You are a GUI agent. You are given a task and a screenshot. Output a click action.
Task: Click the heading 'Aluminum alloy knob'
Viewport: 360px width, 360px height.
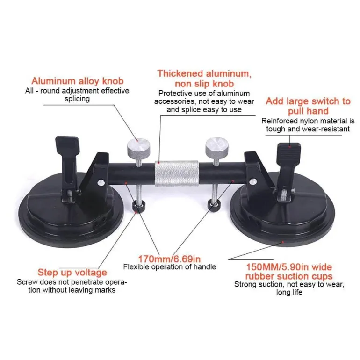(x=77, y=81)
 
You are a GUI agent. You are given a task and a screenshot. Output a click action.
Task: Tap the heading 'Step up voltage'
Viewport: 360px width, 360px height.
(x=72, y=273)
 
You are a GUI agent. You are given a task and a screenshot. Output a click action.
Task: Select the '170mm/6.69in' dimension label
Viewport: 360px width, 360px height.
(x=169, y=259)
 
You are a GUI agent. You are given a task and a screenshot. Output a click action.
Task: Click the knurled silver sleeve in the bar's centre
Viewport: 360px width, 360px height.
(x=177, y=173)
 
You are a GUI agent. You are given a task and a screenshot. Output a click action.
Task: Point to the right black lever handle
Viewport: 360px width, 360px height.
(x=288, y=166)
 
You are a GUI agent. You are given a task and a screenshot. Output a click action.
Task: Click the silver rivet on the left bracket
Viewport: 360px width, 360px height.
(x=101, y=183)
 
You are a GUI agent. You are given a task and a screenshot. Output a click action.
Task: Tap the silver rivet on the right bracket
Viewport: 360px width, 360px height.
(x=253, y=181)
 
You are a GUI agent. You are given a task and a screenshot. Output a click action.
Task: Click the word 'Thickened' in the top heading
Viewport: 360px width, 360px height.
(x=180, y=74)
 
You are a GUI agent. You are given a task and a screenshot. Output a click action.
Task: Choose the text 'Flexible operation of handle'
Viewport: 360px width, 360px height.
(x=170, y=267)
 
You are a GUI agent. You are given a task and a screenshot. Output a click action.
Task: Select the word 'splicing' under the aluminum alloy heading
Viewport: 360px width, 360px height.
(x=77, y=99)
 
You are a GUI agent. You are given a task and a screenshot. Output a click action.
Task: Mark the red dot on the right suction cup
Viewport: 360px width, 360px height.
(x=283, y=242)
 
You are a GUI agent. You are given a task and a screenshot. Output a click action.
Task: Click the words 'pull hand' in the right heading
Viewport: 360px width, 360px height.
(x=309, y=111)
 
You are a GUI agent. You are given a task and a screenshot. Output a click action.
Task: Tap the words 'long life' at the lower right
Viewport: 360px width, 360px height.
(x=289, y=292)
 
